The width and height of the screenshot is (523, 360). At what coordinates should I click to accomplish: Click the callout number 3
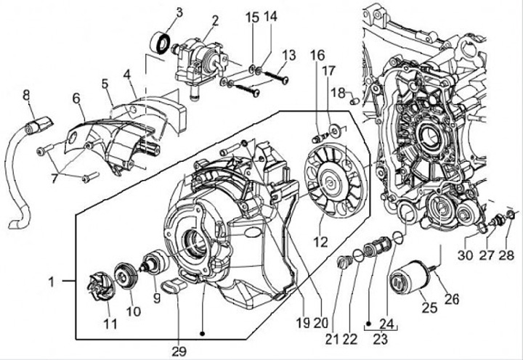(179, 13)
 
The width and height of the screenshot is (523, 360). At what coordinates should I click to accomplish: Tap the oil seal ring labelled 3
(159, 43)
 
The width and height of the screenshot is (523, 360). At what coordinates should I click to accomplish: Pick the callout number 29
(179, 351)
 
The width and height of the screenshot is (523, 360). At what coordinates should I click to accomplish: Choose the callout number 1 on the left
(51, 282)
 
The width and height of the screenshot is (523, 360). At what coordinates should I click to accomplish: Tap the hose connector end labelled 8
(38, 124)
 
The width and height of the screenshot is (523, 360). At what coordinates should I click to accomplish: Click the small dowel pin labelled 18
(355, 100)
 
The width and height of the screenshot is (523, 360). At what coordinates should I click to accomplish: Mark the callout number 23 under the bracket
(380, 339)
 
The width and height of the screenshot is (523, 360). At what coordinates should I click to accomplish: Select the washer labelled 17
(336, 129)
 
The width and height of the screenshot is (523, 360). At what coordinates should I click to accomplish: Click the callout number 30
(465, 255)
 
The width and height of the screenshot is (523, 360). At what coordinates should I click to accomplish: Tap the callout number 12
(320, 242)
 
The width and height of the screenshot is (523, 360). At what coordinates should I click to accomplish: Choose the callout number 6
(76, 98)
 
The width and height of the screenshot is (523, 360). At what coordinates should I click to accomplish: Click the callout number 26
(452, 298)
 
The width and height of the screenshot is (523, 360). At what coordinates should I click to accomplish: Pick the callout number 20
(321, 322)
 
